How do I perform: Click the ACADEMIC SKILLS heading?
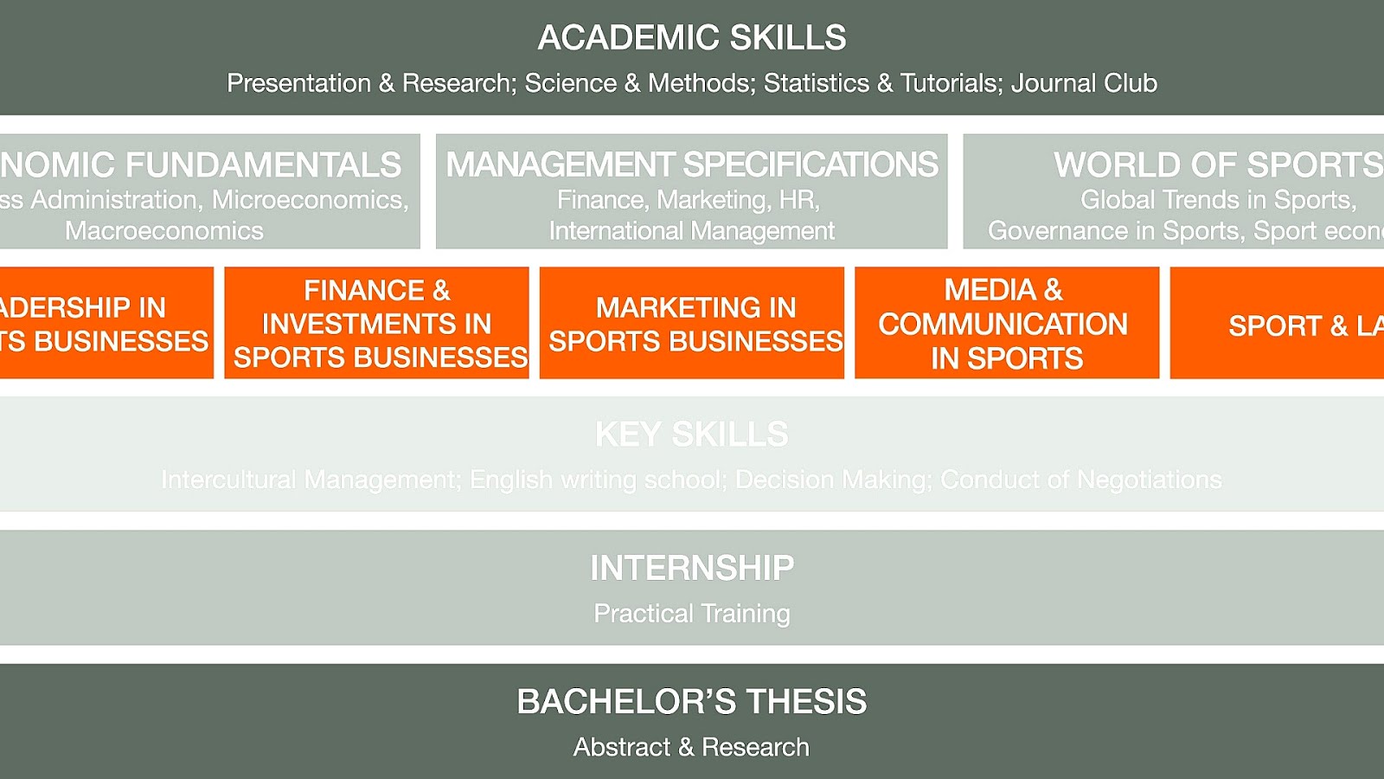(x=692, y=38)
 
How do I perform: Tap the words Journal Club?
(x=1084, y=83)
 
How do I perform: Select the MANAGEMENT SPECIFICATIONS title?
(x=692, y=164)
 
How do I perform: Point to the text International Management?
(x=692, y=231)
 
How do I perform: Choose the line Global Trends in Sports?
(x=1218, y=200)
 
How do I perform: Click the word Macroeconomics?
(x=164, y=231)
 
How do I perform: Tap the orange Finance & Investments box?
(x=376, y=323)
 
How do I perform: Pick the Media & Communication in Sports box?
(x=1007, y=323)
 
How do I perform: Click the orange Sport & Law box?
(x=1278, y=323)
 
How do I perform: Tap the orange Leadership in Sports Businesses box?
(x=106, y=323)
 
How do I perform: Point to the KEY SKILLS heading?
(x=692, y=435)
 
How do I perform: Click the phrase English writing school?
(x=597, y=480)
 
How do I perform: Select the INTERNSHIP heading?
(x=692, y=569)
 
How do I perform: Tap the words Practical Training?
(x=692, y=614)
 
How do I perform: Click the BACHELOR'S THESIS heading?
(x=692, y=702)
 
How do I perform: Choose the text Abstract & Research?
(x=692, y=747)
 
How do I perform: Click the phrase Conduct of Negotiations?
(x=1081, y=480)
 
